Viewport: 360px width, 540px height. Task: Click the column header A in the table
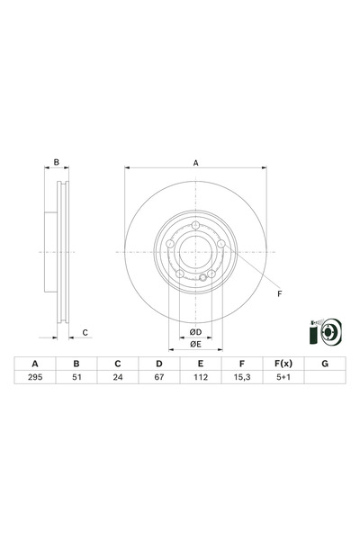35,364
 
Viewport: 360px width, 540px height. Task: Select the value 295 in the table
35,380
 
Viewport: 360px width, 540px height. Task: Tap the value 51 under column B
76,380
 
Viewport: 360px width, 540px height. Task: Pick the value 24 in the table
117,380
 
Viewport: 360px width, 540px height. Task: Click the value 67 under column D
158,380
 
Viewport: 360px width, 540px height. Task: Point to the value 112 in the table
200,380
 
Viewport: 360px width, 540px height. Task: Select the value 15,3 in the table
241,380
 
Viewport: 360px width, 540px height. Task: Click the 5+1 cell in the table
283,380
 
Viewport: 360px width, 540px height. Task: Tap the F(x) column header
283,364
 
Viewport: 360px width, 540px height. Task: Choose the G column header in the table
324,364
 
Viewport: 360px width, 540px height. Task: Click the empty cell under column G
324,380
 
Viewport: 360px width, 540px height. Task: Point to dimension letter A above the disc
195,163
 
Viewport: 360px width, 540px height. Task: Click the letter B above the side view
56,163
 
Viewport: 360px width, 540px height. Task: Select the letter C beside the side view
85,333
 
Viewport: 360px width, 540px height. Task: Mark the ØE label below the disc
195,344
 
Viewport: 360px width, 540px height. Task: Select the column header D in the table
158,364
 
